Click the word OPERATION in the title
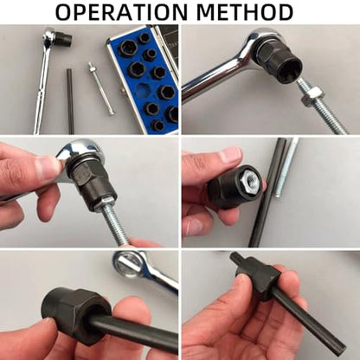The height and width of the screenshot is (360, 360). click(x=121, y=12)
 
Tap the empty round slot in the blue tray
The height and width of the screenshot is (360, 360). click(x=144, y=90)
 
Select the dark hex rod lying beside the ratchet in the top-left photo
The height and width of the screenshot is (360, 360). click(x=70, y=101)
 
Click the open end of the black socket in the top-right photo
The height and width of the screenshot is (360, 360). click(x=291, y=67)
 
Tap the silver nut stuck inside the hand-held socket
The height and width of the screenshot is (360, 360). click(x=250, y=180)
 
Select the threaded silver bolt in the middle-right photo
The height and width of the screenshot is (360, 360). click(x=286, y=167)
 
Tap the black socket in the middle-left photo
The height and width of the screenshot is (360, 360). click(x=94, y=183)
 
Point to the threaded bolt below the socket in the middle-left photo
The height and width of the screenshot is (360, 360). click(x=115, y=222)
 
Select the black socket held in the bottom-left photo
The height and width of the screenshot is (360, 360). click(x=76, y=310)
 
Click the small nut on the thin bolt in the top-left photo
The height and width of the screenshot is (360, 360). click(x=91, y=69)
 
